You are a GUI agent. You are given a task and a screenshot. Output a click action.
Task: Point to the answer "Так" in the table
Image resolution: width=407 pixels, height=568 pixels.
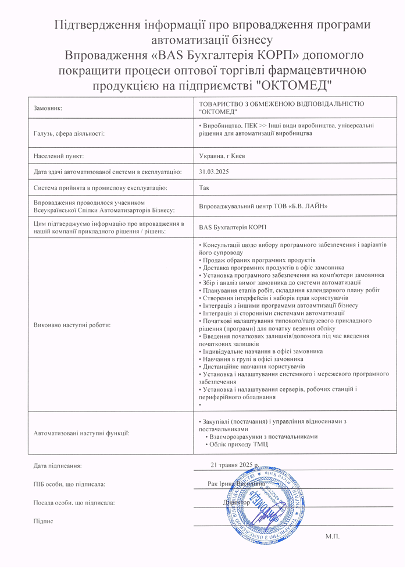click(x=204, y=188)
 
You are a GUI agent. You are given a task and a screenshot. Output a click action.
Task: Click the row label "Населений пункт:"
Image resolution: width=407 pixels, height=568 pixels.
click(x=59, y=156)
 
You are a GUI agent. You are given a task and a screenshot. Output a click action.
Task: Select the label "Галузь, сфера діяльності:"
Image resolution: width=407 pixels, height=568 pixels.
click(x=69, y=133)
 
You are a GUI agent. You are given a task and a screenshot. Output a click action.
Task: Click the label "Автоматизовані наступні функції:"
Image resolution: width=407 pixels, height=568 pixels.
click(x=81, y=433)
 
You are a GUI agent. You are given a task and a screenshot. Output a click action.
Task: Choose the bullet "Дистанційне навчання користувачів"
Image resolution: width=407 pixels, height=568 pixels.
click(x=254, y=367)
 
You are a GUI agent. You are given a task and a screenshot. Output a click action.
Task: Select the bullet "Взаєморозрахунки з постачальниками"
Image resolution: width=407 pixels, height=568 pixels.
click(x=263, y=436)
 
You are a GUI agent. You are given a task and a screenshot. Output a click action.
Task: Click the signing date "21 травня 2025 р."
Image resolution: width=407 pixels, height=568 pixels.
click(x=234, y=464)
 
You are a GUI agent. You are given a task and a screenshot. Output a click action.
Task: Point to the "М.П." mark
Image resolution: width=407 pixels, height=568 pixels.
click(x=333, y=535)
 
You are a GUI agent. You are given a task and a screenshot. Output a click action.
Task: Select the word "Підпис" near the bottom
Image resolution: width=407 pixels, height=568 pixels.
click(x=44, y=521)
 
